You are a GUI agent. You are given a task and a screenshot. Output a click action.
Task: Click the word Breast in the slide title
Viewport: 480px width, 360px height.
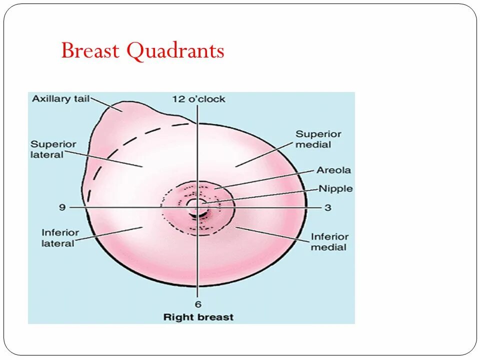[x=91, y=51]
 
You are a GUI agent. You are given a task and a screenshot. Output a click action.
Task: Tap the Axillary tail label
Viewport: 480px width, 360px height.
[x=60, y=98]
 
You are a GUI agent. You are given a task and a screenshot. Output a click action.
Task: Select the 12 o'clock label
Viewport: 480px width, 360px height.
[x=198, y=99]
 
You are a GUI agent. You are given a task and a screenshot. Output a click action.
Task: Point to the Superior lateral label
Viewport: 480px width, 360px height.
[x=53, y=149]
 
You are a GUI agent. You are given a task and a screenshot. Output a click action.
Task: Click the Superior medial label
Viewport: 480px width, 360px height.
[x=318, y=139]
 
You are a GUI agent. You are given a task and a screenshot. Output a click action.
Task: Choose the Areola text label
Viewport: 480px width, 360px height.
[x=333, y=170]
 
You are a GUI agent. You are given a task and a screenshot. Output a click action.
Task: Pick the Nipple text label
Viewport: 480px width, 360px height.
[x=335, y=189]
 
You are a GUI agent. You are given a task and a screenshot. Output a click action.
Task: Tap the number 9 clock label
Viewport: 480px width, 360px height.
[x=62, y=207]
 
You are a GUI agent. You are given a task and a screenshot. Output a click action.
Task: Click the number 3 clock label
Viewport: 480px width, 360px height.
[x=327, y=207]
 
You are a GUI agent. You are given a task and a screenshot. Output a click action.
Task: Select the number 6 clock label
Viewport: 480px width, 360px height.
[x=198, y=304]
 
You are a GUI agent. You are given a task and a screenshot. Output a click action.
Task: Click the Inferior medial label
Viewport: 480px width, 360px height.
[x=329, y=241]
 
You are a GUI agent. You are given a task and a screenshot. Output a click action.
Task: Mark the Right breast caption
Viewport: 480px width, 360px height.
[x=198, y=317]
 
